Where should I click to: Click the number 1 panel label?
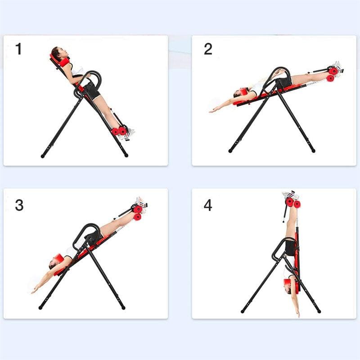18,49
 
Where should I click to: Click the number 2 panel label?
207,49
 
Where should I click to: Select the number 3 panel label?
19,205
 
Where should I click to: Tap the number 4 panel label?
207,205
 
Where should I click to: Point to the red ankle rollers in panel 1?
119,131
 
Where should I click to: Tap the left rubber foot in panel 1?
43,156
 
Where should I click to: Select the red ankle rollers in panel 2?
333,74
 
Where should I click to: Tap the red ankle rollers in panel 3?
137,212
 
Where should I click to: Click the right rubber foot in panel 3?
123,307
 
